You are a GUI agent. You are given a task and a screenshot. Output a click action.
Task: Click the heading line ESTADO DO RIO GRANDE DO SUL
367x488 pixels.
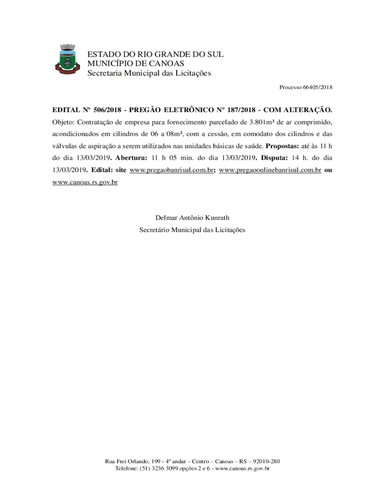point(155,54)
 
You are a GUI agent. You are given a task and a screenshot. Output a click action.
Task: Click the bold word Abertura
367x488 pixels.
point(131,158)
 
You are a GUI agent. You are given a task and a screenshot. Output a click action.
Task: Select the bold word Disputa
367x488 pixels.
point(274,158)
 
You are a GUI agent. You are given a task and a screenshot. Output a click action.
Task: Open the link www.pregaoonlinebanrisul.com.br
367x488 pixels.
point(270,170)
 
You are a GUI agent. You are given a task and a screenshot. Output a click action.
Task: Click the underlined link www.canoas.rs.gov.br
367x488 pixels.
point(84,182)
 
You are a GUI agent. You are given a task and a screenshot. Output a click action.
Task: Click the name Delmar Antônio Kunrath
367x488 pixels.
point(192,218)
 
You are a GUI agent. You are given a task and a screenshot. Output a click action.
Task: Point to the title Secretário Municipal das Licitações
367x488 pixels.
point(192,230)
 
